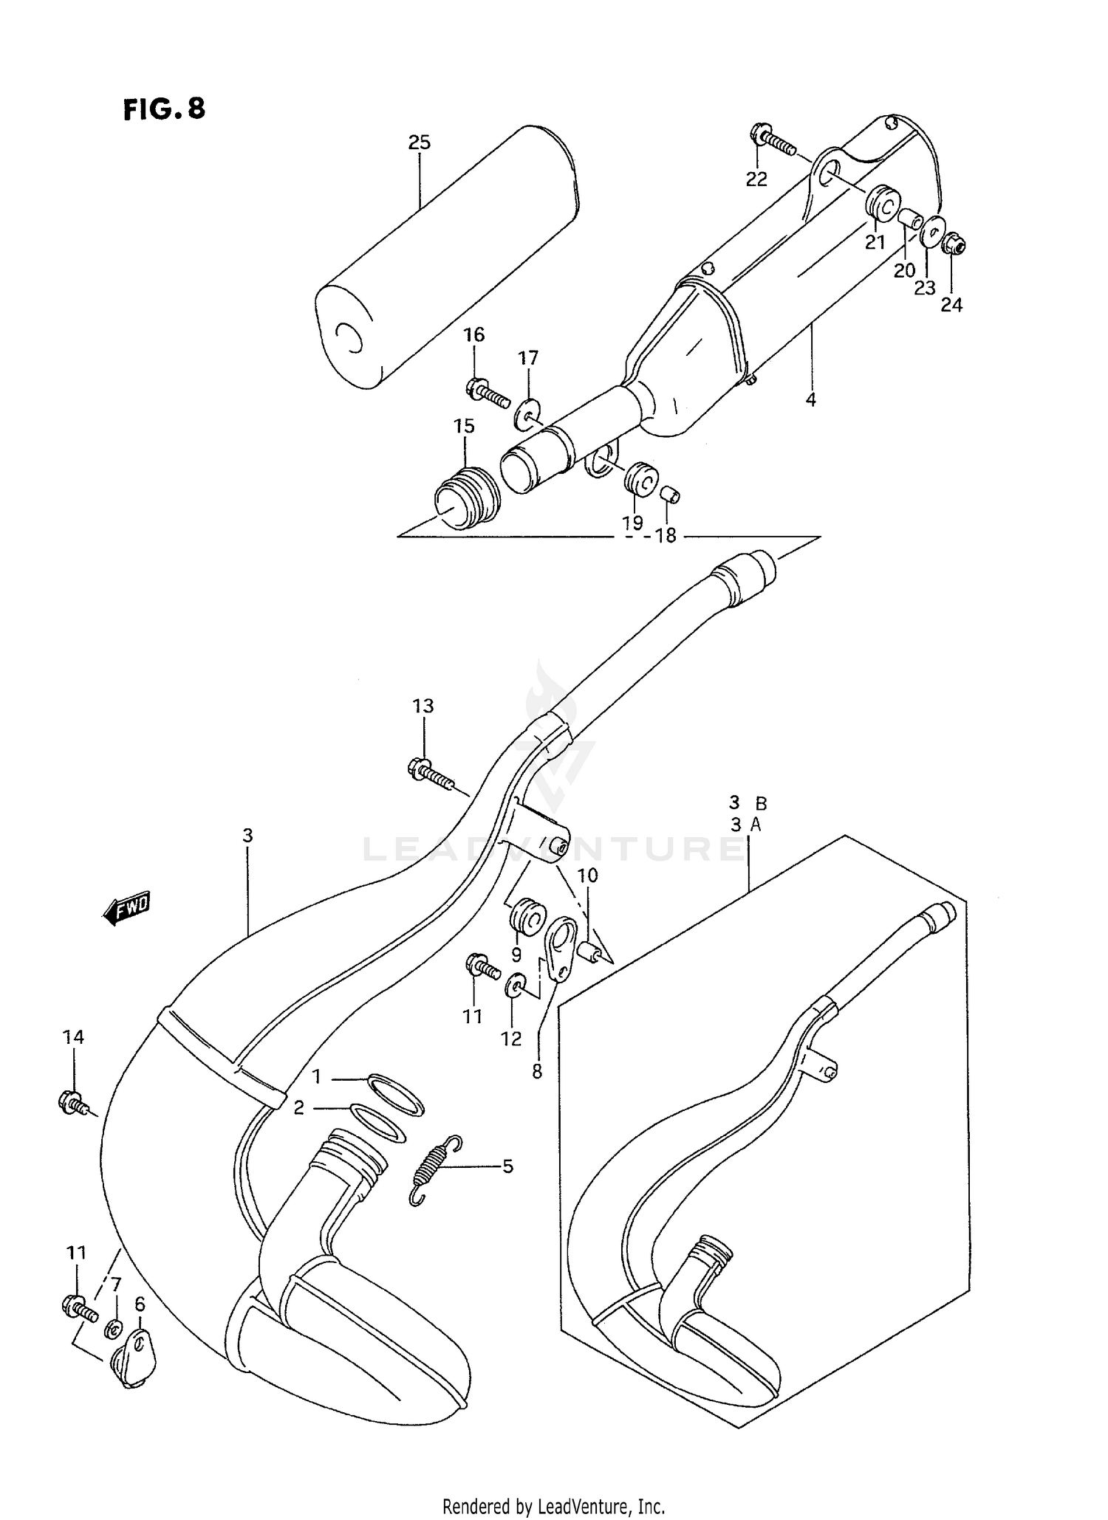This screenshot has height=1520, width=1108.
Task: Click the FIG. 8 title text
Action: click(164, 109)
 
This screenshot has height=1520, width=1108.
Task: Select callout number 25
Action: click(419, 142)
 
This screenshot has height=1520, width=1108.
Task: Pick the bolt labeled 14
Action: click(75, 1103)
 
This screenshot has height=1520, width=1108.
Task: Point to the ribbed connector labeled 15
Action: click(465, 497)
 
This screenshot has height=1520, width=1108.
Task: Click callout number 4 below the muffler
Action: click(810, 400)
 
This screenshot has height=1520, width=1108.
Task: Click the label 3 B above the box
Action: click(748, 803)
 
